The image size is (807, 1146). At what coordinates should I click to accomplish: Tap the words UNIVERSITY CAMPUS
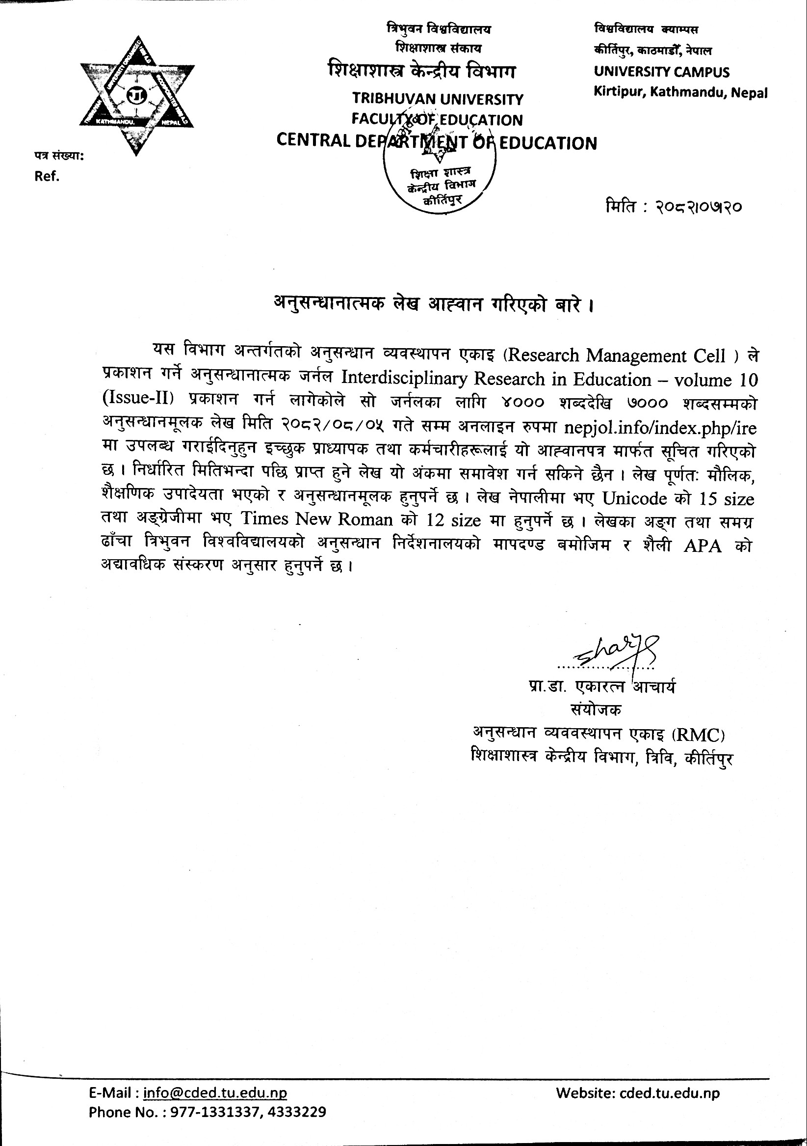(x=661, y=72)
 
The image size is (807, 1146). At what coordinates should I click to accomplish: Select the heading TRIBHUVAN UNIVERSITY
(x=438, y=99)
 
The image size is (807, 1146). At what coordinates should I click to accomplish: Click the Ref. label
(x=47, y=176)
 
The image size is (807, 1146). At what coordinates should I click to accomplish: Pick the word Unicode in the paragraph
(x=634, y=498)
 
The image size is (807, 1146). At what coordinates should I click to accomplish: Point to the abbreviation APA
(x=702, y=546)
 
